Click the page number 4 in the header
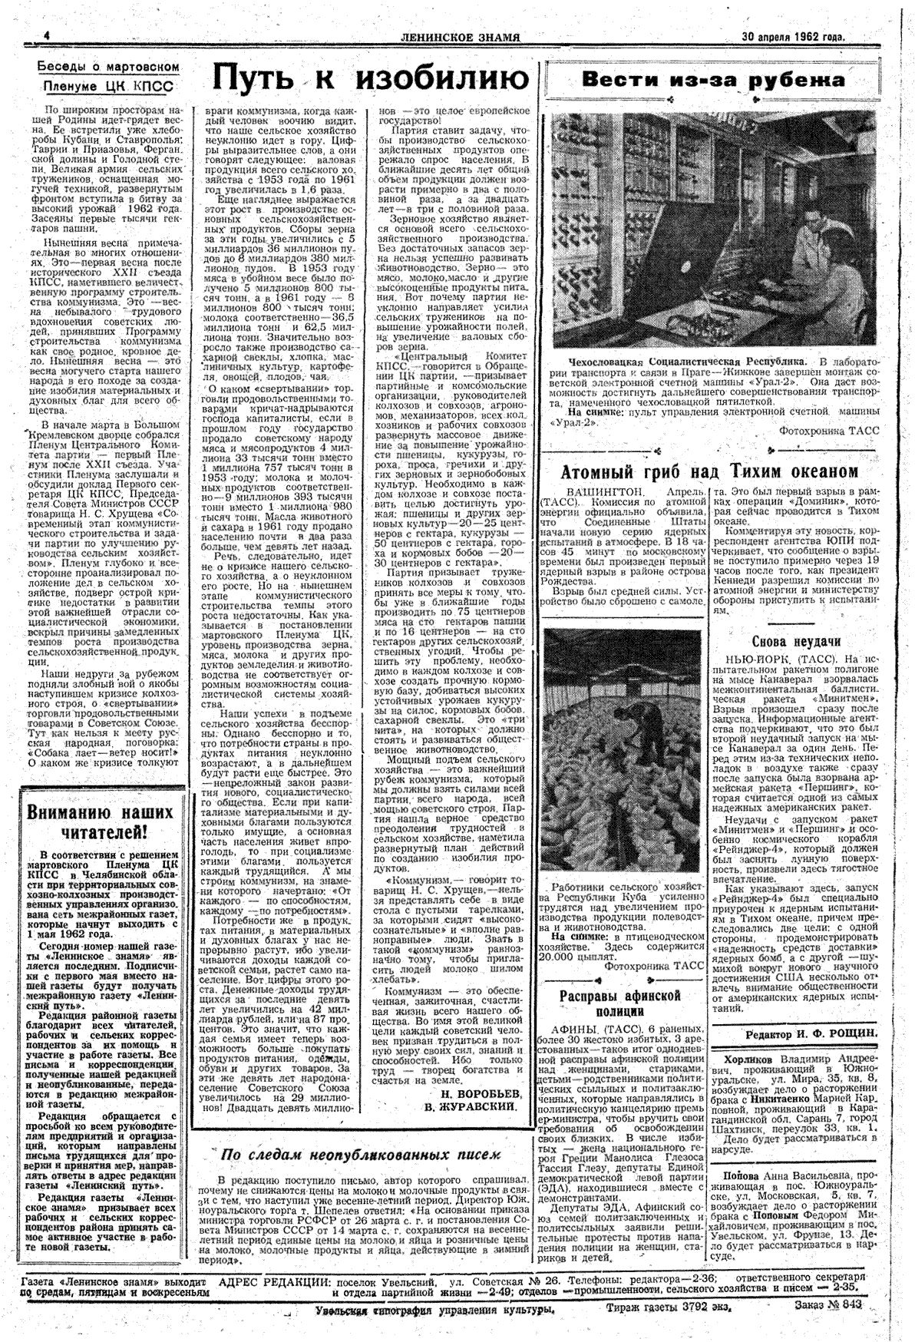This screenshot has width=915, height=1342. [x=46, y=36]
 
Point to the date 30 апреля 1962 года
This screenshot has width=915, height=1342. [x=794, y=36]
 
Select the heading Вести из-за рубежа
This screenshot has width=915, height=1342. [x=713, y=81]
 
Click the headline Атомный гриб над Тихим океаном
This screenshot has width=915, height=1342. [x=709, y=471]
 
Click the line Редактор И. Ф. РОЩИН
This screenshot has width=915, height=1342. [x=811, y=1034]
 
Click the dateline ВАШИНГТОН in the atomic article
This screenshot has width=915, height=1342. [x=603, y=491]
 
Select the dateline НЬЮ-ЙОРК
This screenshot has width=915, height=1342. [x=753, y=659]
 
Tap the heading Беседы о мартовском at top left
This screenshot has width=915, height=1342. [x=109, y=68]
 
